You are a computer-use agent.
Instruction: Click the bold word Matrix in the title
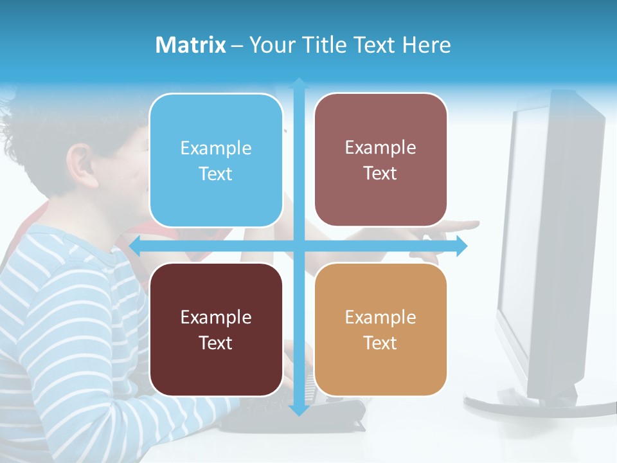click(x=190, y=45)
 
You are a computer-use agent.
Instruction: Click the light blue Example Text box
click(x=216, y=160)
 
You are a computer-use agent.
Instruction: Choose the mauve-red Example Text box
click(x=380, y=160)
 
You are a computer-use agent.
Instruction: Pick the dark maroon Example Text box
click(x=216, y=329)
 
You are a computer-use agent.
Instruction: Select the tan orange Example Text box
click(x=380, y=329)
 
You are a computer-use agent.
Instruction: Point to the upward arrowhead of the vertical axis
click(x=299, y=83)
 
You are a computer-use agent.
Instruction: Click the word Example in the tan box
click(x=380, y=317)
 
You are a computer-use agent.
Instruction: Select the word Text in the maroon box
click(x=216, y=343)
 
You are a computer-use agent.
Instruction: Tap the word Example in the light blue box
click(x=216, y=148)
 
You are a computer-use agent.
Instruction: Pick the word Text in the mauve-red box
click(x=380, y=174)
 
